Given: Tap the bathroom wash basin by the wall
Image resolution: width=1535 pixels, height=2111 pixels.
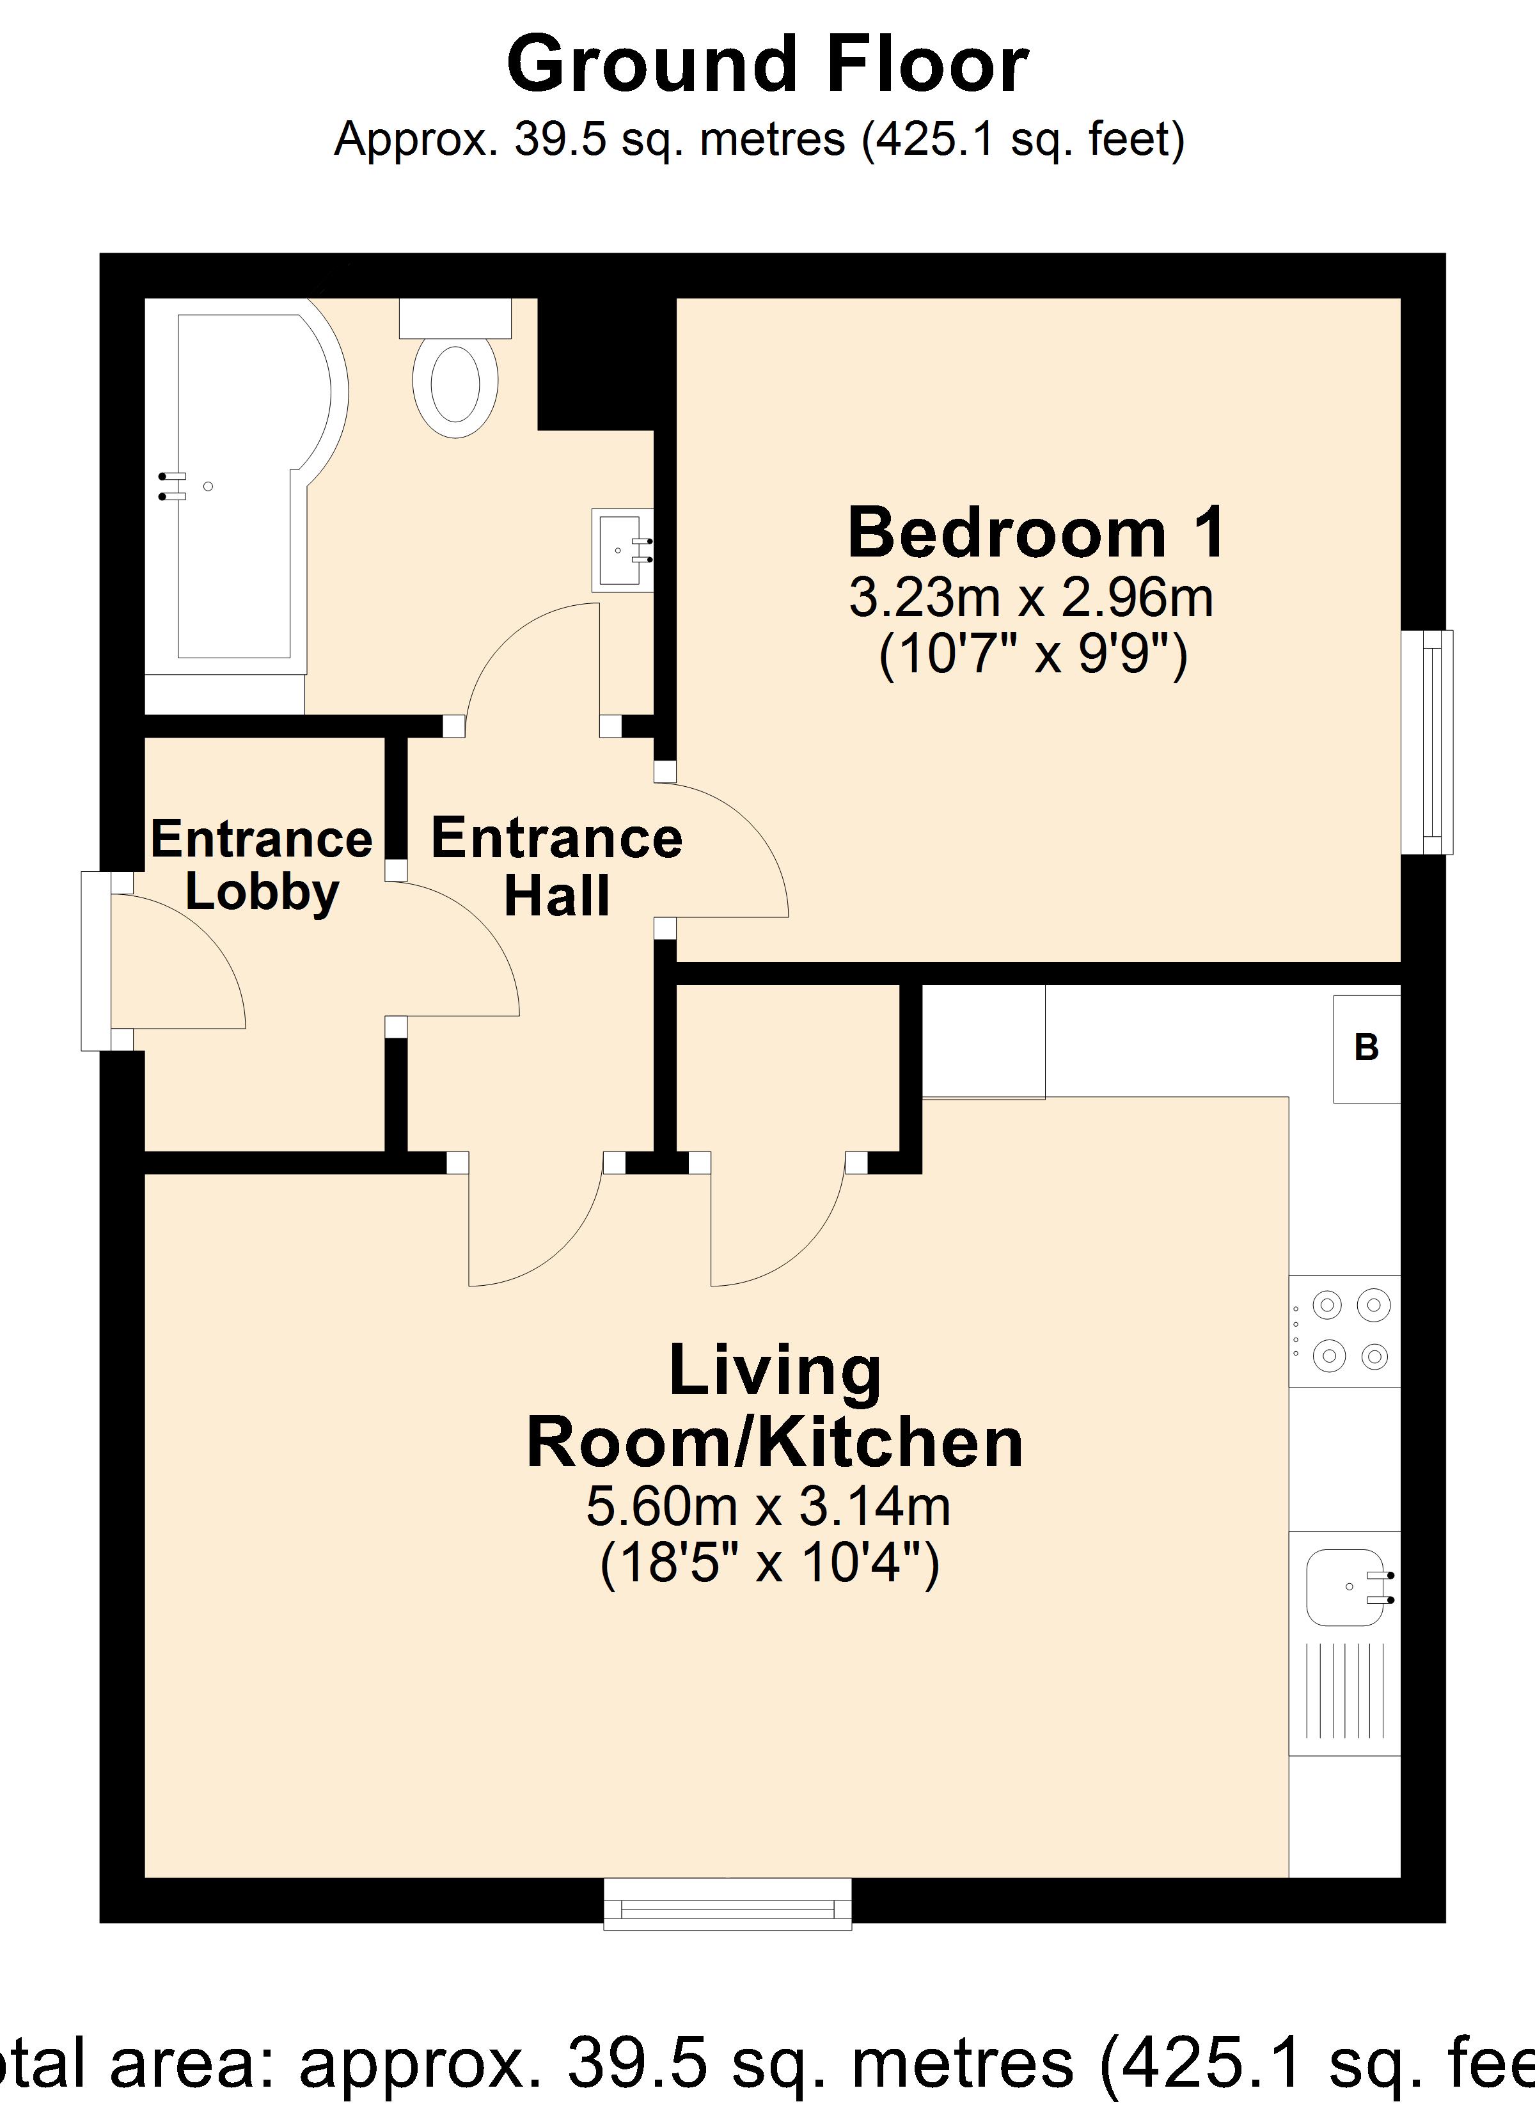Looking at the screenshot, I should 621,550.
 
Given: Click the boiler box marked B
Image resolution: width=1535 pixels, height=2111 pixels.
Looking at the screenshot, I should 1366,1049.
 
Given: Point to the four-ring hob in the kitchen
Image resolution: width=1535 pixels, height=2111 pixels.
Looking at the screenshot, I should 1344,1331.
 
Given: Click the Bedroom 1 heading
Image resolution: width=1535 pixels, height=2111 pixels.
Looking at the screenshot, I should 1035,534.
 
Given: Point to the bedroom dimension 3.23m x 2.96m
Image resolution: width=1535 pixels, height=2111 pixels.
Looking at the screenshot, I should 1030,599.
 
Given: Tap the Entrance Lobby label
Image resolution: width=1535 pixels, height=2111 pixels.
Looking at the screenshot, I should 262,866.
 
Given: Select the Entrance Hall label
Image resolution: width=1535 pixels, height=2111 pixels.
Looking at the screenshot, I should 556,866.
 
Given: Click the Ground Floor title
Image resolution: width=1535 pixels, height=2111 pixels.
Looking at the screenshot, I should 767,65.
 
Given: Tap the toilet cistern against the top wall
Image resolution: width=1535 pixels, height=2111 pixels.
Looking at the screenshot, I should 455,319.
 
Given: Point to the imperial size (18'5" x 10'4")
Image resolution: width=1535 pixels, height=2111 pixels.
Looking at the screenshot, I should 769,1563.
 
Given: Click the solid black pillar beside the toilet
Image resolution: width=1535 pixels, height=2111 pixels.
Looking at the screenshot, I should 595,363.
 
